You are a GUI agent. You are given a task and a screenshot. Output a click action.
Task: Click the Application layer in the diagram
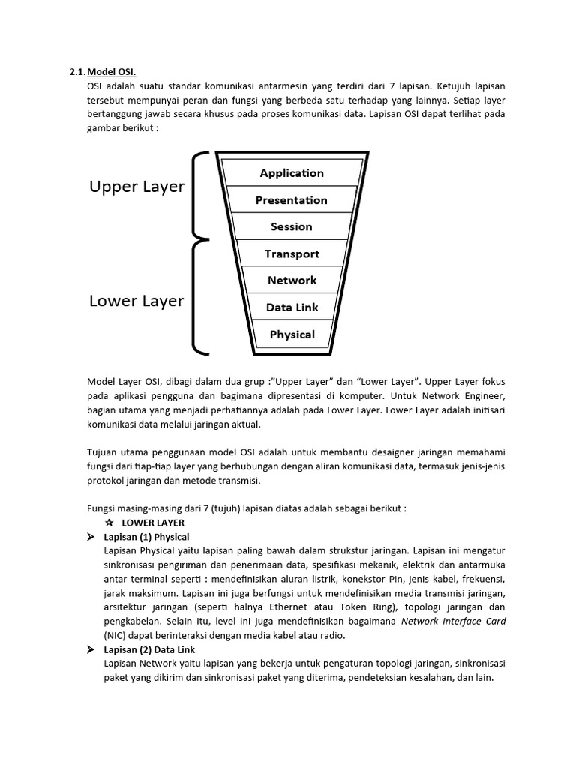pos(292,173)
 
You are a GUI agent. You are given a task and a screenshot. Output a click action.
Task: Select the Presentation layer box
pos(292,200)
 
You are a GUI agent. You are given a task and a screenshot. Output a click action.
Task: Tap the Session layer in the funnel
pos(292,226)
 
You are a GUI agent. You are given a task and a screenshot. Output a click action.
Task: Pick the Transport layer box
pos(292,253)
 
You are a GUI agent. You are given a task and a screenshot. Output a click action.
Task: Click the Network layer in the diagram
pos(292,280)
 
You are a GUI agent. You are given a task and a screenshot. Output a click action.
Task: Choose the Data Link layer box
pos(292,307)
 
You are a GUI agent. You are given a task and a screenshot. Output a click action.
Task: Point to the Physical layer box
pos(292,334)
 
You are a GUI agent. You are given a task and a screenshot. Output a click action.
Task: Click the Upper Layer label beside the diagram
pos(136,187)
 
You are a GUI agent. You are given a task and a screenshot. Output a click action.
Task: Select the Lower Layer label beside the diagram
pos(136,301)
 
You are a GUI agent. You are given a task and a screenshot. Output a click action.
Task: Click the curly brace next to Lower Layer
pos(200,296)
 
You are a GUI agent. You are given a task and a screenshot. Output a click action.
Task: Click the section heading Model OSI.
pos(112,72)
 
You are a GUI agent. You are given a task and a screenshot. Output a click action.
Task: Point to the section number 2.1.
pos(77,72)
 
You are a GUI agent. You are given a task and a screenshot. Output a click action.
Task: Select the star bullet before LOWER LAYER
pos(109,522)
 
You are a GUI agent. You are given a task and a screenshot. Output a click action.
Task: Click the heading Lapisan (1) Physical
pos(146,537)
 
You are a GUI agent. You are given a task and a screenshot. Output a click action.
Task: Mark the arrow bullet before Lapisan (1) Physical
pos(91,537)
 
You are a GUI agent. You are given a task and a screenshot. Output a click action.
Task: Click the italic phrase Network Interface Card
pos(454,622)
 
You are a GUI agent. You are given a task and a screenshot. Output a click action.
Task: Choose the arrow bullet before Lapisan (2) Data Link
pos(91,650)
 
